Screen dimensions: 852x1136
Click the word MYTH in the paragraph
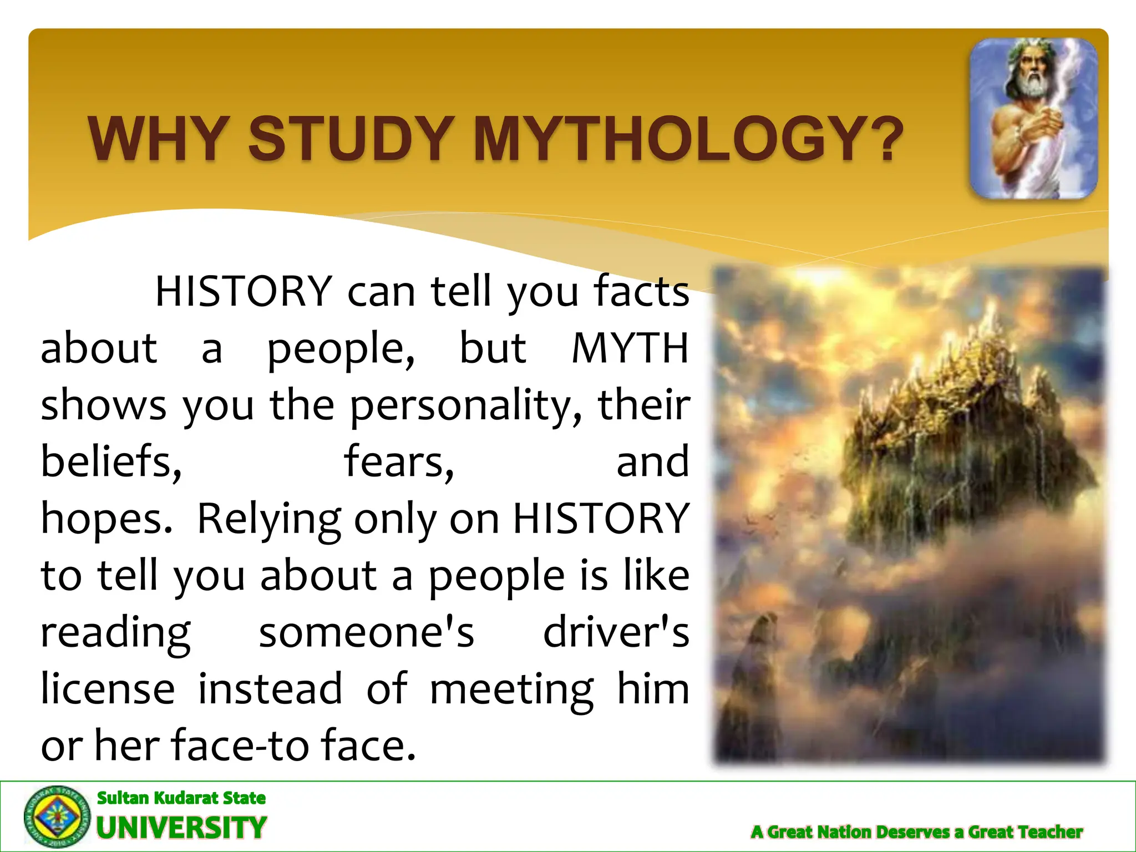(630, 348)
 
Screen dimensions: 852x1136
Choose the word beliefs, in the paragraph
(111, 461)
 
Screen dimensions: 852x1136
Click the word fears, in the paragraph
(399, 461)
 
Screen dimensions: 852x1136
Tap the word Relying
(269, 519)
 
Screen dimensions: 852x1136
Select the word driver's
(616, 632)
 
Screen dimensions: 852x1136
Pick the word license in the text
(108, 689)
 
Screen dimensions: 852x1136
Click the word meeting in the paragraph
(511, 690)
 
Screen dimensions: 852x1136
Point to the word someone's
(367, 632)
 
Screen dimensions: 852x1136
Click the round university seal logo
(57, 816)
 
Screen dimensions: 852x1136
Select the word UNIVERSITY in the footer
(182, 828)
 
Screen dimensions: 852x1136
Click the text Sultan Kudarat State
(181, 798)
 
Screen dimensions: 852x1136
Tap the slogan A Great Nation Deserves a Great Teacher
(916, 832)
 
